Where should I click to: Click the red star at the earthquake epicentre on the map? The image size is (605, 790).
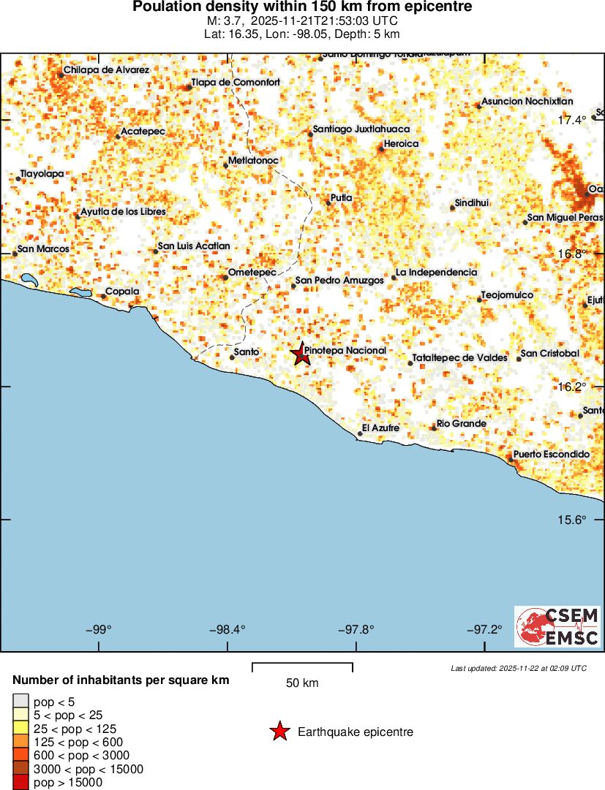point(300,354)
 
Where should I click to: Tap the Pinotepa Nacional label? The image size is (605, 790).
point(345,351)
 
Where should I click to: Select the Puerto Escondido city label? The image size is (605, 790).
point(551,455)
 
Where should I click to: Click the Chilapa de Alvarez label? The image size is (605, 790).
point(106,70)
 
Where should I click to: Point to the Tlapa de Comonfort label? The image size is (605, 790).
point(236,83)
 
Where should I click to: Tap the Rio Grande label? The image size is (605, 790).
point(462,424)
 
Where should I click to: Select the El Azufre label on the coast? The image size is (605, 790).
point(381,428)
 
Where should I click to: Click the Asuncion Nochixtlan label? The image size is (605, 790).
point(527,102)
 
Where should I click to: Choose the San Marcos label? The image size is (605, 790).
point(43,249)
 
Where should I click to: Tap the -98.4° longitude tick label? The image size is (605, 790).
point(228,629)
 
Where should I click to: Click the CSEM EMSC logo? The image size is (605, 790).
point(558,626)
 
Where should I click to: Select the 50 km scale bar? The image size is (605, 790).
point(302,666)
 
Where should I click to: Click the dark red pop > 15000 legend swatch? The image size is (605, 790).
point(20,783)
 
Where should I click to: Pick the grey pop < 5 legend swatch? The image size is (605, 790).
point(20,702)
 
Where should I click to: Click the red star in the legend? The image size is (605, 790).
point(279,732)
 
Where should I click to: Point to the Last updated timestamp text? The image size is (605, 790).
point(519,668)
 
